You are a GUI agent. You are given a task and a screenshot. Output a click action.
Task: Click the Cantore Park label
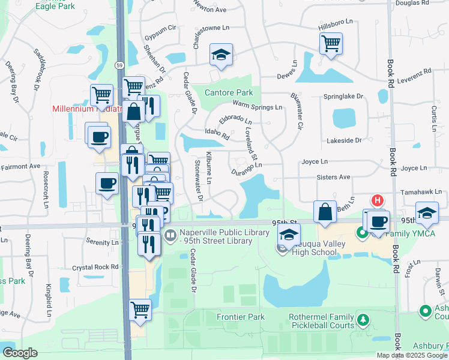point(229,93)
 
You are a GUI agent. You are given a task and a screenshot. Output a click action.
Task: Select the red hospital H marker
point(378,201)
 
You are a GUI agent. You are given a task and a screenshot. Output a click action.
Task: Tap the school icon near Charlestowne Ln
point(221,55)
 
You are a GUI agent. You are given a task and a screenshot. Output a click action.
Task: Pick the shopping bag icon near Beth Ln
point(325,212)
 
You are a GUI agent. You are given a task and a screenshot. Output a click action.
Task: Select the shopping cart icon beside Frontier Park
point(140,310)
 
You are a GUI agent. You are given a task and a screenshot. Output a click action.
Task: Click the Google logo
point(20,353)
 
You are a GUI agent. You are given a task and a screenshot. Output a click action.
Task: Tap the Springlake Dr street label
point(343,96)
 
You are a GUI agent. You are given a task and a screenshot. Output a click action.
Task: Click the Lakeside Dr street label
point(341,140)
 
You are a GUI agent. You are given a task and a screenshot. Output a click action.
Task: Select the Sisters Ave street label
point(334,178)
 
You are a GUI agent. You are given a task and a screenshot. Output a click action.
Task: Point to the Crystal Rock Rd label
point(95,268)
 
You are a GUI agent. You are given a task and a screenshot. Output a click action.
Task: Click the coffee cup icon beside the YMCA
point(378,221)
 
